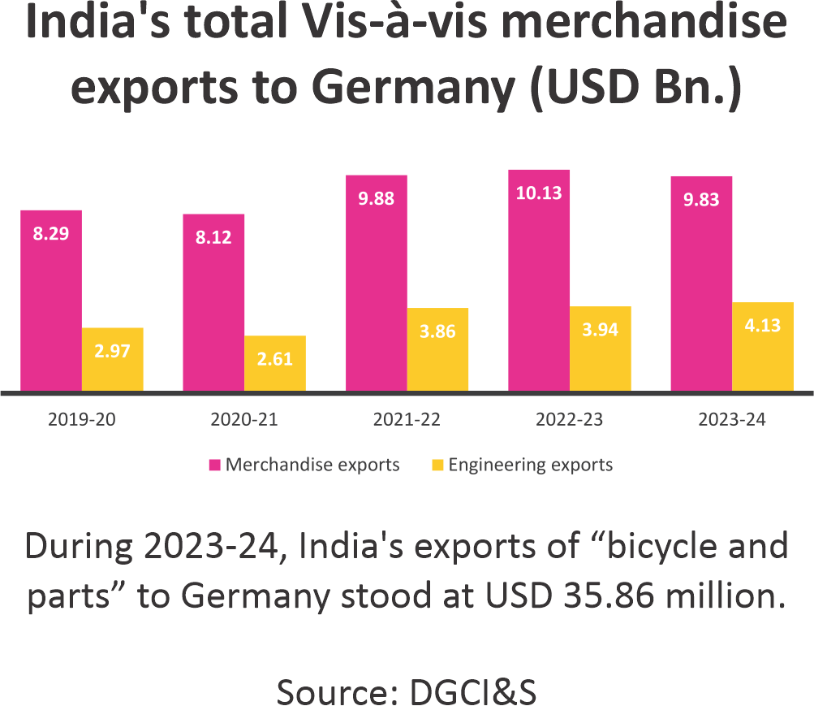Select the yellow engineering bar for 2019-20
click(x=113, y=359)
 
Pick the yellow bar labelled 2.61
click(x=275, y=363)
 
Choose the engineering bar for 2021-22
click(x=438, y=349)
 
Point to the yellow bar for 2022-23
click(x=601, y=349)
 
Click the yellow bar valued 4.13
click(x=763, y=346)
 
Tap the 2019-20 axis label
click(x=82, y=420)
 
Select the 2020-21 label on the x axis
click(x=244, y=420)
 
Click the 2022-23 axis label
click(x=569, y=420)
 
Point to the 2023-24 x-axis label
click(x=731, y=420)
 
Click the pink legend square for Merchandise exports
click(x=215, y=466)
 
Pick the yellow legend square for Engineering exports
click(x=437, y=466)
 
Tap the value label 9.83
click(x=701, y=200)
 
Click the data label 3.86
click(x=438, y=331)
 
